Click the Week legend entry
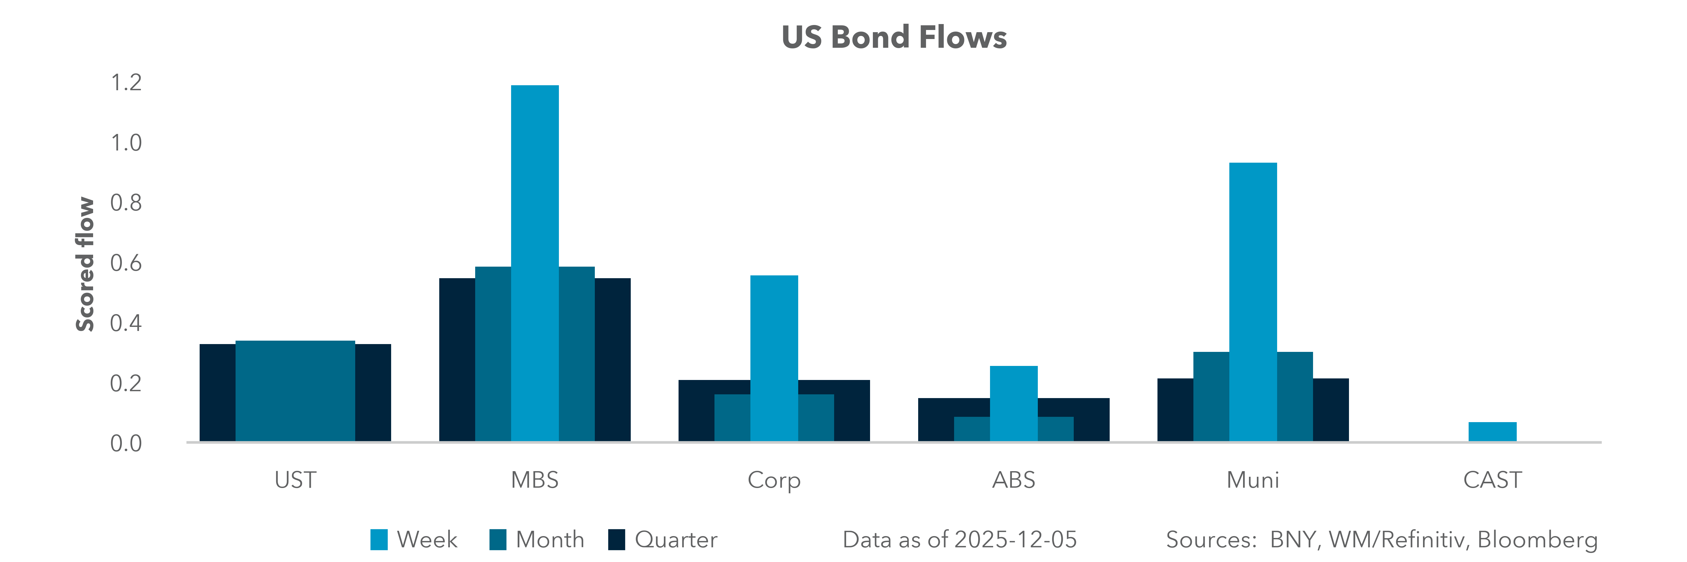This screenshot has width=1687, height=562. tap(415, 540)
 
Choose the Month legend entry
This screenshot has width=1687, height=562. tap(537, 540)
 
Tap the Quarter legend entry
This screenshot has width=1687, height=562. tap(663, 540)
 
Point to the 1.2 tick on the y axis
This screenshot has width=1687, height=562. tap(126, 82)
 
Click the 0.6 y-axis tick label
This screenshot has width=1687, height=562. tap(126, 263)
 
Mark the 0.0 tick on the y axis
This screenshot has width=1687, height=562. tap(126, 444)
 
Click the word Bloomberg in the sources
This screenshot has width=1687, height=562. tap(1537, 540)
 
